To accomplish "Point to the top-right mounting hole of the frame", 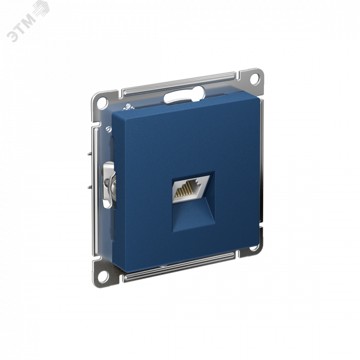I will tap(255, 78).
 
